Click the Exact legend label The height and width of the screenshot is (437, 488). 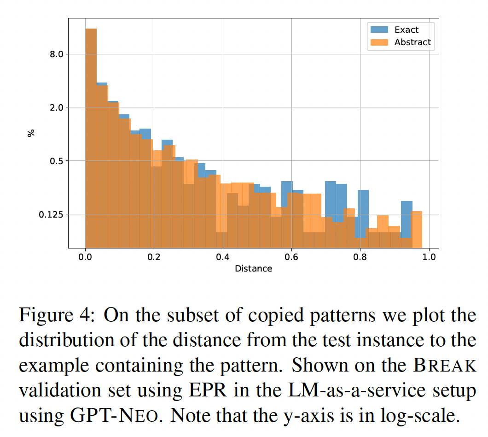coord(407,30)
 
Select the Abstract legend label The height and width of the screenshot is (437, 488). coord(412,42)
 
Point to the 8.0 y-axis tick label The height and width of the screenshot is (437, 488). coord(56,54)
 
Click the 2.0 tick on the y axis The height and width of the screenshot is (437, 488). coord(56,107)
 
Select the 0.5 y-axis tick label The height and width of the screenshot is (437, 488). coord(56,161)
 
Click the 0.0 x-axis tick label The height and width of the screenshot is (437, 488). coord(85,257)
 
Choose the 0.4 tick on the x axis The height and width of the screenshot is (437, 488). coord(223,257)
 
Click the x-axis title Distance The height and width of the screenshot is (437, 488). coord(253,268)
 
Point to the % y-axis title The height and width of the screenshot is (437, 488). coord(31,133)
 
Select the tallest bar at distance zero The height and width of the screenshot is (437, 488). coord(91,138)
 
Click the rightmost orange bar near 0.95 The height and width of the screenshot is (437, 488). coord(417,229)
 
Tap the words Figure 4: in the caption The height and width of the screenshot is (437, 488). coord(58,316)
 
